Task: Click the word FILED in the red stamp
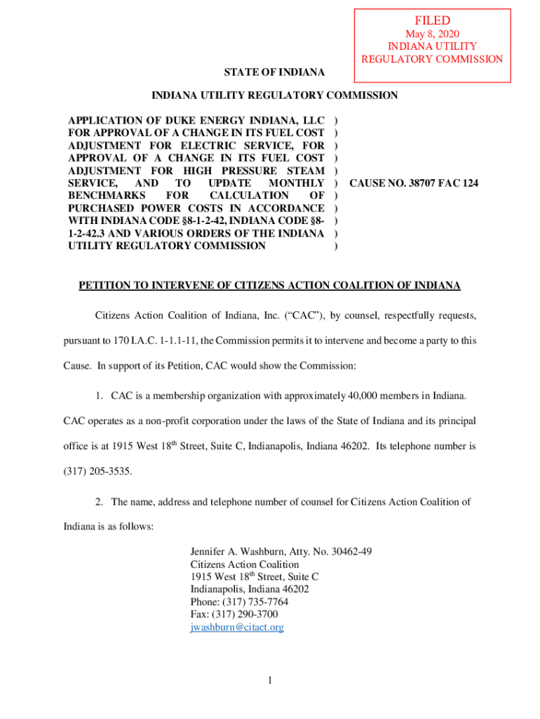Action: (x=432, y=21)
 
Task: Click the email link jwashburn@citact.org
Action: (x=237, y=628)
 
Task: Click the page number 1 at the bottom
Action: (x=270, y=680)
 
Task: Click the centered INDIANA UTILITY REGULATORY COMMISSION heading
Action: (x=275, y=95)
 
